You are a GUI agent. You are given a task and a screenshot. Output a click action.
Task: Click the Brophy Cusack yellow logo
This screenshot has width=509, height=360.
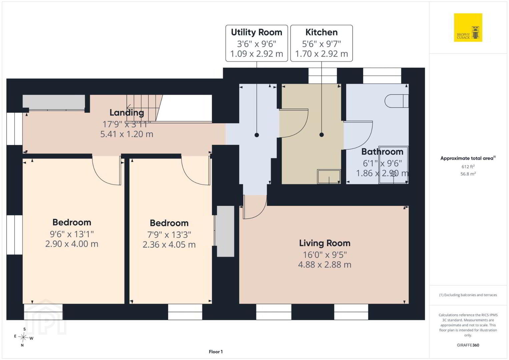pyautogui.click(x=468, y=27)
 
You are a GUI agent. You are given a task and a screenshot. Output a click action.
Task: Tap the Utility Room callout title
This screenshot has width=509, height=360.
pyautogui.click(x=257, y=32)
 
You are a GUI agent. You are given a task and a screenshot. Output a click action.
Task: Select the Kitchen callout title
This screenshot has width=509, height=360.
pyautogui.click(x=322, y=32)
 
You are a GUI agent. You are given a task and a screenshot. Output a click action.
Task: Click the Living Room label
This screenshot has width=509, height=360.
pyautogui.click(x=325, y=243)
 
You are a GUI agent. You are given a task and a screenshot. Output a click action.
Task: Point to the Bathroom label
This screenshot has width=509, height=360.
pyautogui.click(x=382, y=151)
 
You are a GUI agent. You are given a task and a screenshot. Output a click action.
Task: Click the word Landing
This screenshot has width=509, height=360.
pyautogui.click(x=127, y=113)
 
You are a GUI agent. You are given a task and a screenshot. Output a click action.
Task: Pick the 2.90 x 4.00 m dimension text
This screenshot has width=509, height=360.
pyautogui.click(x=72, y=244)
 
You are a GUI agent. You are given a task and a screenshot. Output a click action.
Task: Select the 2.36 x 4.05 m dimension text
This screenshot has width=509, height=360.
pyautogui.click(x=169, y=245)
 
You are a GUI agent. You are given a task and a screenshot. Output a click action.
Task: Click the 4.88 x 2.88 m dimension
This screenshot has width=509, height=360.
pyautogui.click(x=325, y=265)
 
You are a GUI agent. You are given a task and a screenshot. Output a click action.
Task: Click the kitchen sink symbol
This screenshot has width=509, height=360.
pyautogui.click(x=329, y=176)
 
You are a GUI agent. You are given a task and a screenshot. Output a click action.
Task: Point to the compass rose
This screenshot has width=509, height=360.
pyautogui.click(x=23, y=337)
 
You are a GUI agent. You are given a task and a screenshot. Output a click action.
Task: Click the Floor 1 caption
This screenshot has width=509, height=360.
pyautogui.click(x=216, y=352)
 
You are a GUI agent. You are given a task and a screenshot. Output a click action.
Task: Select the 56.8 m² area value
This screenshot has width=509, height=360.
pyautogui.click(x=468, y=174)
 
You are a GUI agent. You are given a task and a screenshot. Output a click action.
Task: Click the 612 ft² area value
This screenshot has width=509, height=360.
pyautogui.click(x=468, y=166)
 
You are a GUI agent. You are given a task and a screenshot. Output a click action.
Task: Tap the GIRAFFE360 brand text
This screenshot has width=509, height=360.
pyautogui.click(x=468, y=345)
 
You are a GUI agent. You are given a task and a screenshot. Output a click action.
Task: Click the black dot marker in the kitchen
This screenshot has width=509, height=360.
pyautogui.click(x=322, y=135)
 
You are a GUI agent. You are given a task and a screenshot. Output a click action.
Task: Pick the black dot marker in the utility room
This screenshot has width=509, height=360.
pyautogui.click(x=257, y=135)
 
